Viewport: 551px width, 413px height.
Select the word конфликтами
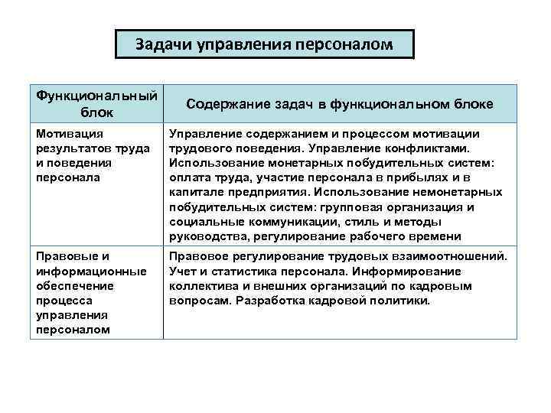pyautogui.click(x=436, y=148)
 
